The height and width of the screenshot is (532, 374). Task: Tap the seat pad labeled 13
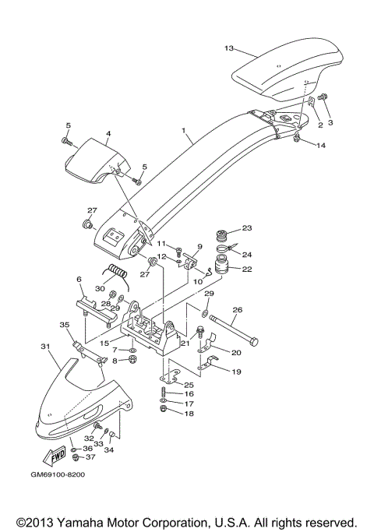[288, 70]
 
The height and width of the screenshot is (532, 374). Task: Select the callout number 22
[248, 270]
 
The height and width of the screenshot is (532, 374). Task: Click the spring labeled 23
[221, 234]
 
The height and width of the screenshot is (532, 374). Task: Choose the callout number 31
[44, 346]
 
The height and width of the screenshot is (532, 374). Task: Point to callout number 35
[65, 324]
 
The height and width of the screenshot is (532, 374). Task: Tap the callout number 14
[321, 145]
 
